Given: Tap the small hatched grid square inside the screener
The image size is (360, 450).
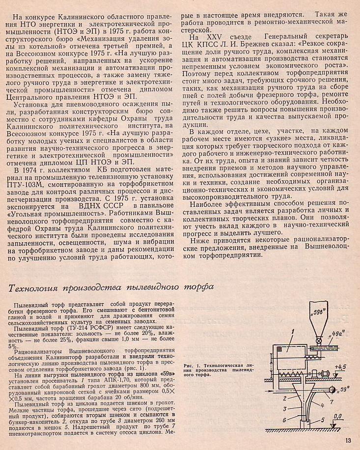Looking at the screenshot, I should pos(280,349).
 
